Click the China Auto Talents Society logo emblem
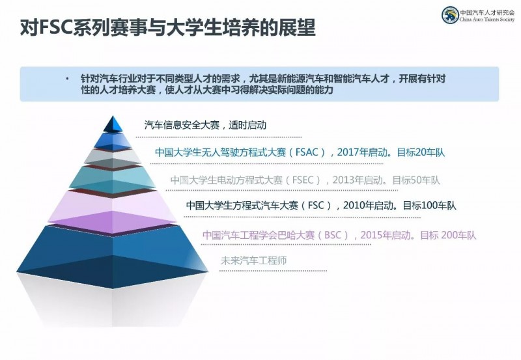point(450,15)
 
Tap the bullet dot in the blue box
point(68,79)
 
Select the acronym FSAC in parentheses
point(307,152)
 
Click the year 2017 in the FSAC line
point(348,152)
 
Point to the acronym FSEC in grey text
point(303,180)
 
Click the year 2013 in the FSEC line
point(343,180)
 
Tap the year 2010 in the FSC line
point(354,205)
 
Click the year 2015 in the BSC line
point(371,235)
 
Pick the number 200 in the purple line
point(449,235)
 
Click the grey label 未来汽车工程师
point(253,260)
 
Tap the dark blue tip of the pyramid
point(113,124)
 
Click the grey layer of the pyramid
point(113,158)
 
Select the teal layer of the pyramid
point(113,179)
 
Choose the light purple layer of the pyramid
point(113,212)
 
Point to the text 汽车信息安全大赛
point(182,125)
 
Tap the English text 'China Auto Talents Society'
point(487,20)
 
